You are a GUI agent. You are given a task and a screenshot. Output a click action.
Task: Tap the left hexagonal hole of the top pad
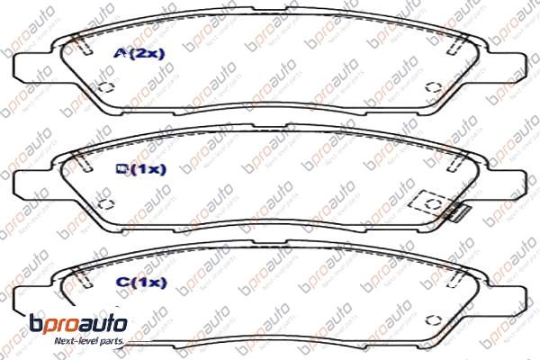104,88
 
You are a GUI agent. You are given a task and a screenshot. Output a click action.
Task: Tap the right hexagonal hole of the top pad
432,87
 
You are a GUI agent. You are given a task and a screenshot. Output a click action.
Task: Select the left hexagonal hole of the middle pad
104,203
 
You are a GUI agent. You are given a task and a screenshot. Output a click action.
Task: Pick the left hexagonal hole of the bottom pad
104,318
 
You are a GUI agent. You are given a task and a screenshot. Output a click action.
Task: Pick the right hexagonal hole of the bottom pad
433,317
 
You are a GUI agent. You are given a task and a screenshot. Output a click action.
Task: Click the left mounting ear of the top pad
31,63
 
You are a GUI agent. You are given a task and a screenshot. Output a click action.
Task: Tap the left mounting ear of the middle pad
31,177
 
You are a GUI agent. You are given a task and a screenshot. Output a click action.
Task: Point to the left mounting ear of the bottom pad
31,292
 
